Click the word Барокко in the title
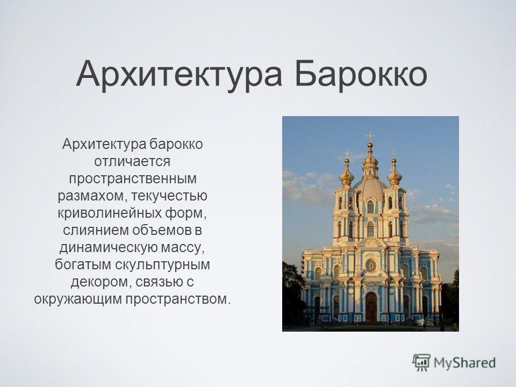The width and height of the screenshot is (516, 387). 361,74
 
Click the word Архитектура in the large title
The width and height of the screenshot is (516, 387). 179,75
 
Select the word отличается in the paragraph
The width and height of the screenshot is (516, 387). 132,162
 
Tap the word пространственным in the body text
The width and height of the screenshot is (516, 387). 133,178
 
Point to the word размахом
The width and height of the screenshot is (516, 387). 93,196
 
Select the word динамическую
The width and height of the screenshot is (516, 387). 107,248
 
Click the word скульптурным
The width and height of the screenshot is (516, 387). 162,265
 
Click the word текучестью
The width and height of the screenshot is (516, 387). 169,196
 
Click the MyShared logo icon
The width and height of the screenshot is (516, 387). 421,363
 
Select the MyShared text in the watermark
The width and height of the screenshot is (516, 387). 464,363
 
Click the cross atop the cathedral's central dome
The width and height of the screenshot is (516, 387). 370,136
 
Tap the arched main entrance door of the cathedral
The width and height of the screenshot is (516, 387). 371,307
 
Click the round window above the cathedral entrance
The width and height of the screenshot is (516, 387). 371,265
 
